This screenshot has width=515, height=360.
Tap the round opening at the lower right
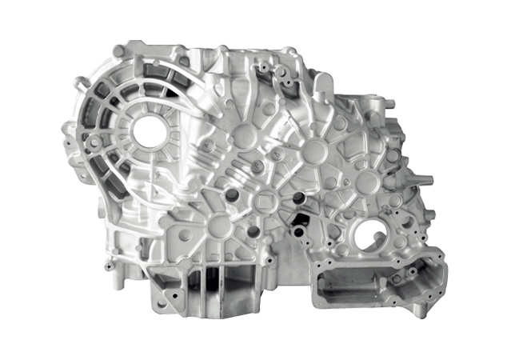[x=369, y=237]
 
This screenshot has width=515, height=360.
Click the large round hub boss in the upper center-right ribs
[x=313, y=150]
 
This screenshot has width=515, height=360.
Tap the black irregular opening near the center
[x=302, y=217]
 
